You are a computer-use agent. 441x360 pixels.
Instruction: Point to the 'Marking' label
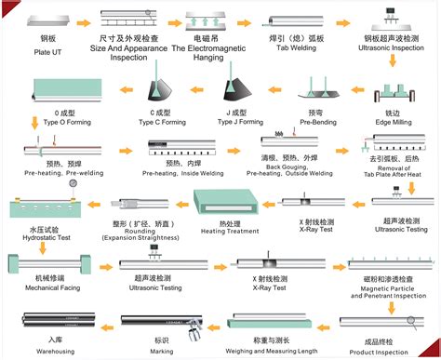point(161,352)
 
